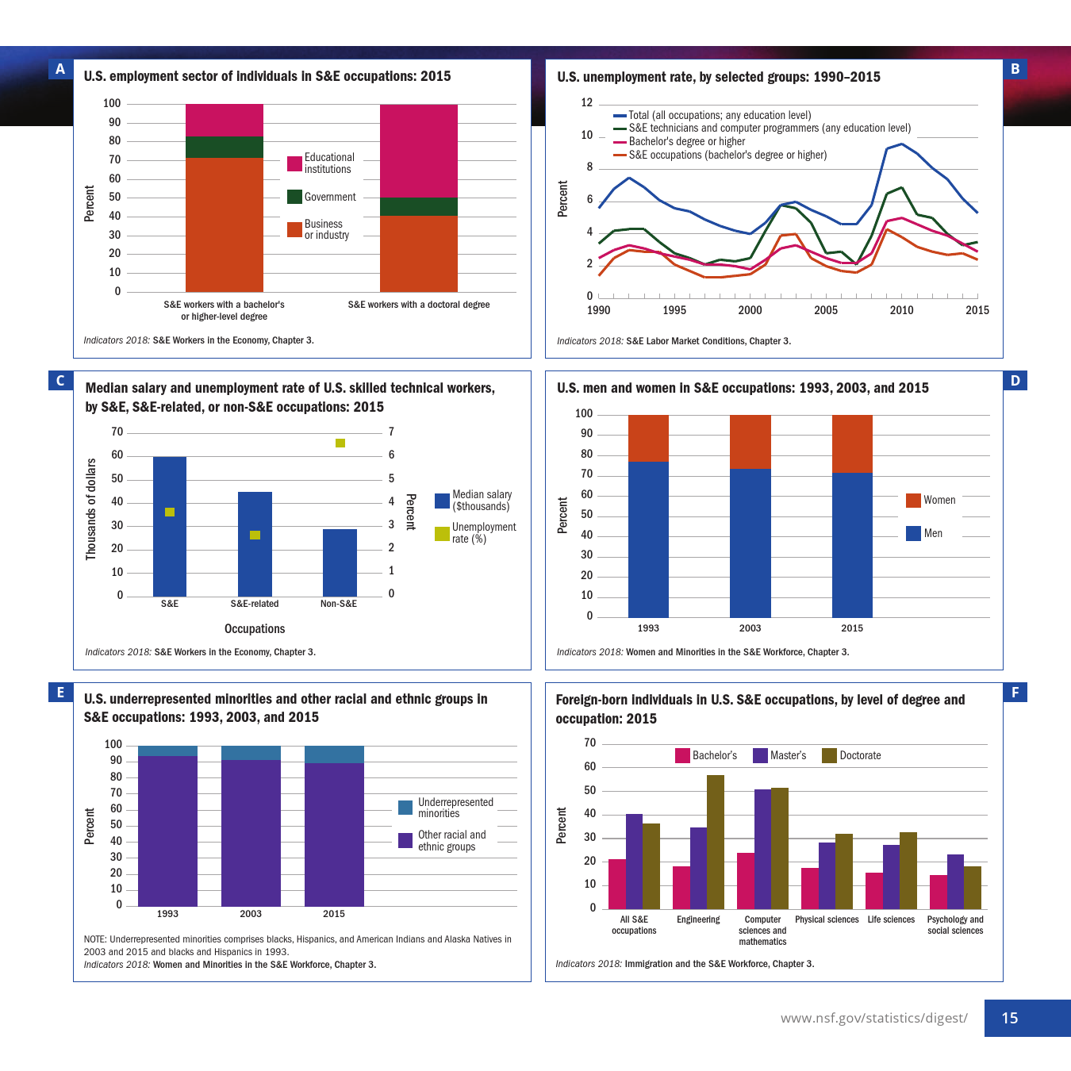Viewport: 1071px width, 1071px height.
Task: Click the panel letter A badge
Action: pyautogui.click(x=60, y=69)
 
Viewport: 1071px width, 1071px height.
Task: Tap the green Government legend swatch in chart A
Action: pyautogui.click(x=294, y=197)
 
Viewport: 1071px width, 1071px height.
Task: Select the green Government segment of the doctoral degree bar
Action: pyautogui.click(x=418, y=206)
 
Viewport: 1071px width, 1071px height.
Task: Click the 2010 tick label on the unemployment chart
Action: pyautogui.click(x=901, y=310)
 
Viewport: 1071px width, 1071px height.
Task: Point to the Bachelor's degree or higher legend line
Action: pyautogui.click(x=620, y=142)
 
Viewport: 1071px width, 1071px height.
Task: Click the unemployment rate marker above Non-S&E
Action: pyautogui.click(x=340, y=443)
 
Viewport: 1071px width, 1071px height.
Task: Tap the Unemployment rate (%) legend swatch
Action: pyautogui.click(x=442, y=533)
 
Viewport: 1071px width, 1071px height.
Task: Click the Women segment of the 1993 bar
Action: pyautogui.click(x=648, y=438)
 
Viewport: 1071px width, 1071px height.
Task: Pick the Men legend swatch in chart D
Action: pyautogui.click(x=913, y=533)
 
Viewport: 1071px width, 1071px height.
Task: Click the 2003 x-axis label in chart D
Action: pyautogui.click(x=750, y=628)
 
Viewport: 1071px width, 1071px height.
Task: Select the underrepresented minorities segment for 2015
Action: pyautogui.click(x=334, y=754)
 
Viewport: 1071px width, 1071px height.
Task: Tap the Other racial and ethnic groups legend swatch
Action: pyautogui.click(x=405, y=840)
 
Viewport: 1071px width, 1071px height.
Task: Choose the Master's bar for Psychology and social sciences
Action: pyautogui.click(x=955, y=881)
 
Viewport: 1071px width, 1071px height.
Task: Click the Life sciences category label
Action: pyautogui.click(x=891, y=919)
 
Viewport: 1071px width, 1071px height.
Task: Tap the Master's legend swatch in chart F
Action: pyautogui.click(x=760, y=755)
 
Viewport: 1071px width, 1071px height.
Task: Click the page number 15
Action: pyautogui.click(x=1010, y=1018)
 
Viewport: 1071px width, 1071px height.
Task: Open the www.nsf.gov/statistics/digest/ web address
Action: pyautogui.click(x=873, y=1018)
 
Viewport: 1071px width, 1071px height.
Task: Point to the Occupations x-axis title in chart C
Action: pyautogui.click(x=255, y=629)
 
